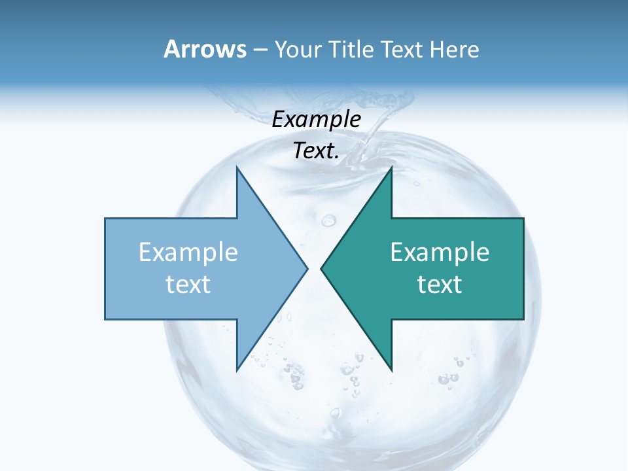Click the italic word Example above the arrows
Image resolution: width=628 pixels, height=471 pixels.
pyautogui.click(x=316, y=119)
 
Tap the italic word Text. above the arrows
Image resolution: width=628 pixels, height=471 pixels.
pyautogui.click(x=316, y=150)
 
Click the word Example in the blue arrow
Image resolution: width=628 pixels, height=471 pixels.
pyautogui.click(x=188, y=253)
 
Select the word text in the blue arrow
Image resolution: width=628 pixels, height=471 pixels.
pyautogui.click(x=188, y=285)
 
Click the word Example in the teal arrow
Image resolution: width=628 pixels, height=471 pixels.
pyautogui.click(x=440, y=253)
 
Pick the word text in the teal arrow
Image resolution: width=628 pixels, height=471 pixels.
pyautogui.click(x=440, y=285)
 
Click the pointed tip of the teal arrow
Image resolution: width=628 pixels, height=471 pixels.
pyautogui.click(x=323, y=268)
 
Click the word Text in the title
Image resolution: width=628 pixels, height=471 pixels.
pyautogui.click(x=402, y=49)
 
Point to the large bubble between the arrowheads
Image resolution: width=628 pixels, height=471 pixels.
pyautogui.click(x=328, y=220)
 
